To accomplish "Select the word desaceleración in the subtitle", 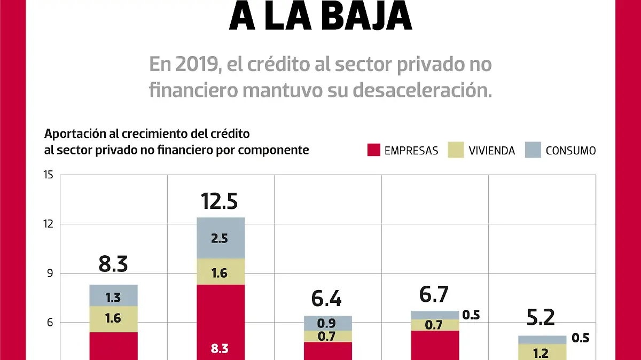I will [422, 90].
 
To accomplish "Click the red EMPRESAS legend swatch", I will [373, 150].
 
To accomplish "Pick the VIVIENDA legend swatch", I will [455, 150].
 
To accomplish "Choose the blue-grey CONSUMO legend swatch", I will [531, 150].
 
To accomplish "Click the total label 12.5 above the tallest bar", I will [220, 201].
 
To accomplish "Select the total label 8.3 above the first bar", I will [113, 264].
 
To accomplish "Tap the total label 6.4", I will [327, 299].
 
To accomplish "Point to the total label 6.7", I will [434, 294].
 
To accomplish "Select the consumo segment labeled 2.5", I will [220, 238].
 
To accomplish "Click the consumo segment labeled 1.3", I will [113, 295].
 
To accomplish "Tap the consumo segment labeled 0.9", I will [327, 323].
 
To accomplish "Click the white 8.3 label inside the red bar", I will [220, 348].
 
